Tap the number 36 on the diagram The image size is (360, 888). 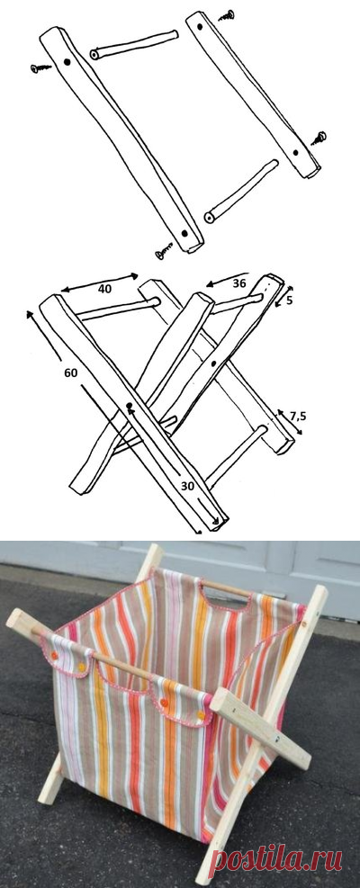pyautogui.click(x=238, y=283)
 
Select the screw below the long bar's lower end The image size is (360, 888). pyautogui.click(x=165, y=253)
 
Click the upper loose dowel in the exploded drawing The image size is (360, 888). pyautogui.click(x=131, y=46)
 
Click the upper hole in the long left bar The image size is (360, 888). pyautogui.click(x=69, y=64)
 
